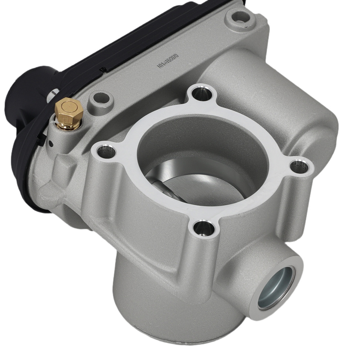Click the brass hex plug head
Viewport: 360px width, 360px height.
[x=68, y=108]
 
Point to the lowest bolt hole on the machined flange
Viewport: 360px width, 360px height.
[x=202, y=226]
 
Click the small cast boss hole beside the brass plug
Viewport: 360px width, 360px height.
[x=100, y=98]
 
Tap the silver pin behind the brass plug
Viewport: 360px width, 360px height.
[x=54, y=94]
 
